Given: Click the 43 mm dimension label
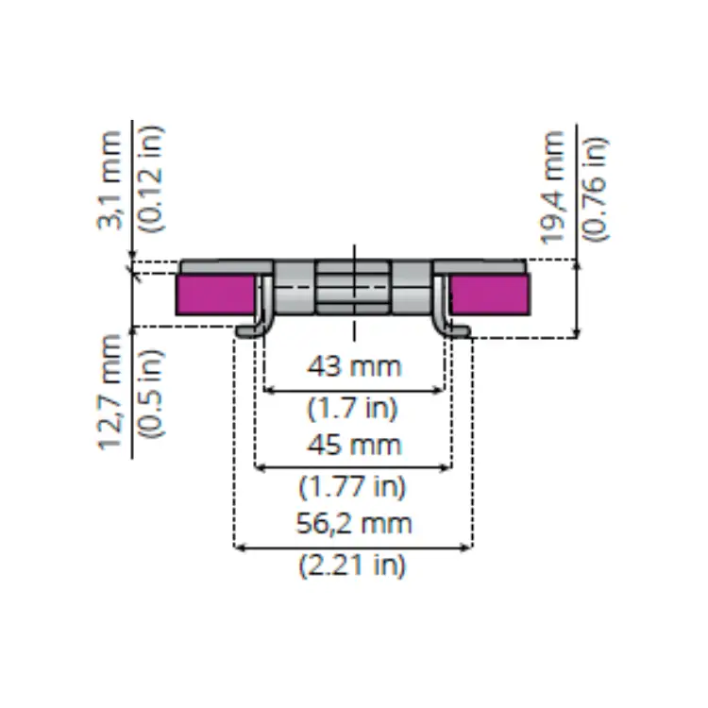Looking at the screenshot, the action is click(354, 366).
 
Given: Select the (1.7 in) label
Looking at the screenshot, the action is click(352, 408).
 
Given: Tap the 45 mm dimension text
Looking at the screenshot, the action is click(354, 445).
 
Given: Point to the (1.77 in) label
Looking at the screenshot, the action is click(352, 487).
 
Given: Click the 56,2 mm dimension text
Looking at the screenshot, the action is click(354, 524).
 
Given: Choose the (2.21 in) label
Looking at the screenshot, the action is click(352, 565).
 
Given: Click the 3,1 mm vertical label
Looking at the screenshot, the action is click(110, 180).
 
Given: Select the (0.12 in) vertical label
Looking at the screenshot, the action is click(151, 178).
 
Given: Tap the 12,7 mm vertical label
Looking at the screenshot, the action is click(110, 392).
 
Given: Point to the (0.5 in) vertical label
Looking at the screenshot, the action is click(151, 393).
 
